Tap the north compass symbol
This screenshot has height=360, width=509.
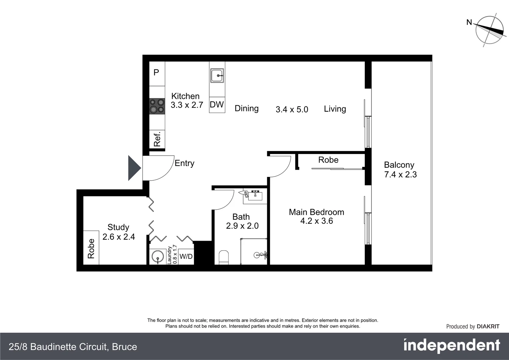click(489, 30)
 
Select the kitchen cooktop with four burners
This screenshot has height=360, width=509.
click(157, 106)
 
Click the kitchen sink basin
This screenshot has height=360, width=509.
click(217, 76)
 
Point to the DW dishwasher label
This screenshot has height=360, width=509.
click(217, 105)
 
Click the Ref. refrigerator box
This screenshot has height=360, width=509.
click(157, 139)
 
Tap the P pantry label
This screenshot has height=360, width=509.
click(156, 72)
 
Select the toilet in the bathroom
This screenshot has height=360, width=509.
click(224, 257)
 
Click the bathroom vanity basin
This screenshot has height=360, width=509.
click(255, 196)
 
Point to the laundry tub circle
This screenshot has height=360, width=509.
click(157, 257)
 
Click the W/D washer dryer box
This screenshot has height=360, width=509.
click(186, 256)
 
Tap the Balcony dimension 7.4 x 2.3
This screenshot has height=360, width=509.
click(400, 174)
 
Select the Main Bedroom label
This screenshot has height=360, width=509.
click(316, 212)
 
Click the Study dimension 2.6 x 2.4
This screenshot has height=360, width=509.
click(119, 237)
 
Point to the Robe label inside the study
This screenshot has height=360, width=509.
click(91, 248)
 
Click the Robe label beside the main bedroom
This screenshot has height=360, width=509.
click(328, 160)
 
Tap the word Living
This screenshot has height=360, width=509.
click(335, 109)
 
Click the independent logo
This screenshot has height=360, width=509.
click(451, 346)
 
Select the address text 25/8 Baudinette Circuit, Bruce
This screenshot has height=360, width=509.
click(73, 347)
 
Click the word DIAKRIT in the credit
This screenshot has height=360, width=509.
click(488, 327)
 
